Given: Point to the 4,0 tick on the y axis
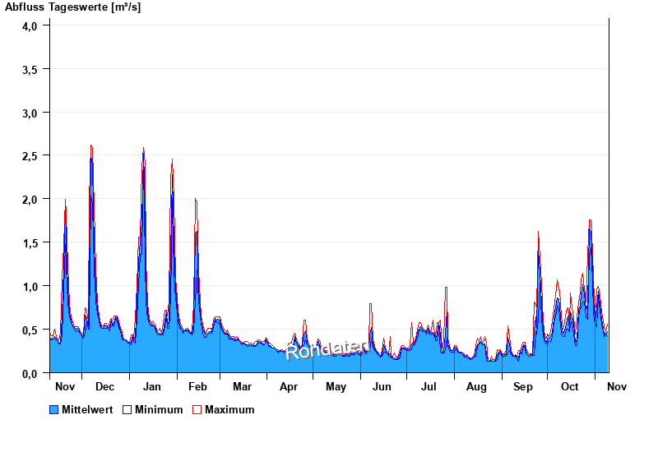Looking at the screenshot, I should pyautogui.click(x=30, y=25).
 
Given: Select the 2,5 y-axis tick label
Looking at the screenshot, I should pyautogui.click(x=30, y=155).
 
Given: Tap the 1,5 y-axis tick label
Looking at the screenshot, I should pyautogui.click(x=30, y=242).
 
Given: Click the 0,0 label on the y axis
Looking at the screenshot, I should pyautogui.click(x=30, y=373).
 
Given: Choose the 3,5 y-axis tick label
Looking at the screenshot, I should pyautogui.click(x=30, y=69).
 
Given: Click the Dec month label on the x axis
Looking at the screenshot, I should pyautogui.click(x=104, y=386).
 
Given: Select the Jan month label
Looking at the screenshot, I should pyautogui.click(x=151, y=386).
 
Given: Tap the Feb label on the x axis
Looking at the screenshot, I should pyautogui.click(x=197, y=386).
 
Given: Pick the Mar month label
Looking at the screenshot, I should pyautogui.click(x=242, y=386).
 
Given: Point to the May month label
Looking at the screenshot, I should pyautogui.click(x=336, y=386).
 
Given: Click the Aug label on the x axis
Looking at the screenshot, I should pyautogui.click(x=477, y=386).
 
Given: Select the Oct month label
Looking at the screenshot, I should pyautogui.click(x=570, y=386).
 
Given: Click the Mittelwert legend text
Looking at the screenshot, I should pyautogui.click(x=87, y=409).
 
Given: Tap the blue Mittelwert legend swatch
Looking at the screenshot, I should pyautogui.click(x=54, y=409).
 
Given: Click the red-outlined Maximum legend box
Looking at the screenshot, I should pyautogui.click(x=197, y=409).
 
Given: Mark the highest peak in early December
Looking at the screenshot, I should pyautogui.click(x=91, y=146).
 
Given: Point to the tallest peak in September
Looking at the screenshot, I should pyautogui.click(x=539, y=233).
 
